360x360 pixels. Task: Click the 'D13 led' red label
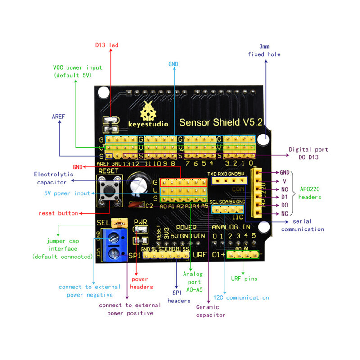[106, 45]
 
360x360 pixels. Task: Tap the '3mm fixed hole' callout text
[264, 50]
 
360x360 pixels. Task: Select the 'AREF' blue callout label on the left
[58, 116]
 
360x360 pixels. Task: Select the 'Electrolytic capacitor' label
[52, 178]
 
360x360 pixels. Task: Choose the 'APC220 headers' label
[310, 193]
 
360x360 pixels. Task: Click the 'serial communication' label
[302, 225]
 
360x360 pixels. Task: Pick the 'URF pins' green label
[244, 279]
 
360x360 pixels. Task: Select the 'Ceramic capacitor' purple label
[211, 310]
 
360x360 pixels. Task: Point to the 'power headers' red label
[141, 283]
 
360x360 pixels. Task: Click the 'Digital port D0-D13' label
[308, 153]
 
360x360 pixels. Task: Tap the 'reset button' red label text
[58, 213]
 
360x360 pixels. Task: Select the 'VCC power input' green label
[77, 71]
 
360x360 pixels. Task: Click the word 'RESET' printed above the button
[108, 171]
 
